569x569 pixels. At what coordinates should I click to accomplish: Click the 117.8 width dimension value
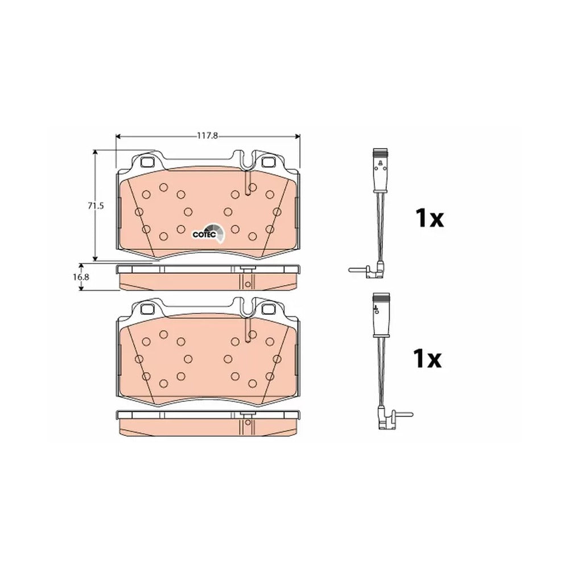[207, 136]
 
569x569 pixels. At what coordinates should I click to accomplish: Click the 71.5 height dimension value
[96, 206]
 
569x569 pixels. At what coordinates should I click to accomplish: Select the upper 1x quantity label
[430, 218]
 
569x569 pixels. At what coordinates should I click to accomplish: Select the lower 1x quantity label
[427, 358]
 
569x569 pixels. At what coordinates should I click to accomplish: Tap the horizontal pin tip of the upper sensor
[350, 270]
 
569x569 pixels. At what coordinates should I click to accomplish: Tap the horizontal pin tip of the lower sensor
[411, 414]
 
